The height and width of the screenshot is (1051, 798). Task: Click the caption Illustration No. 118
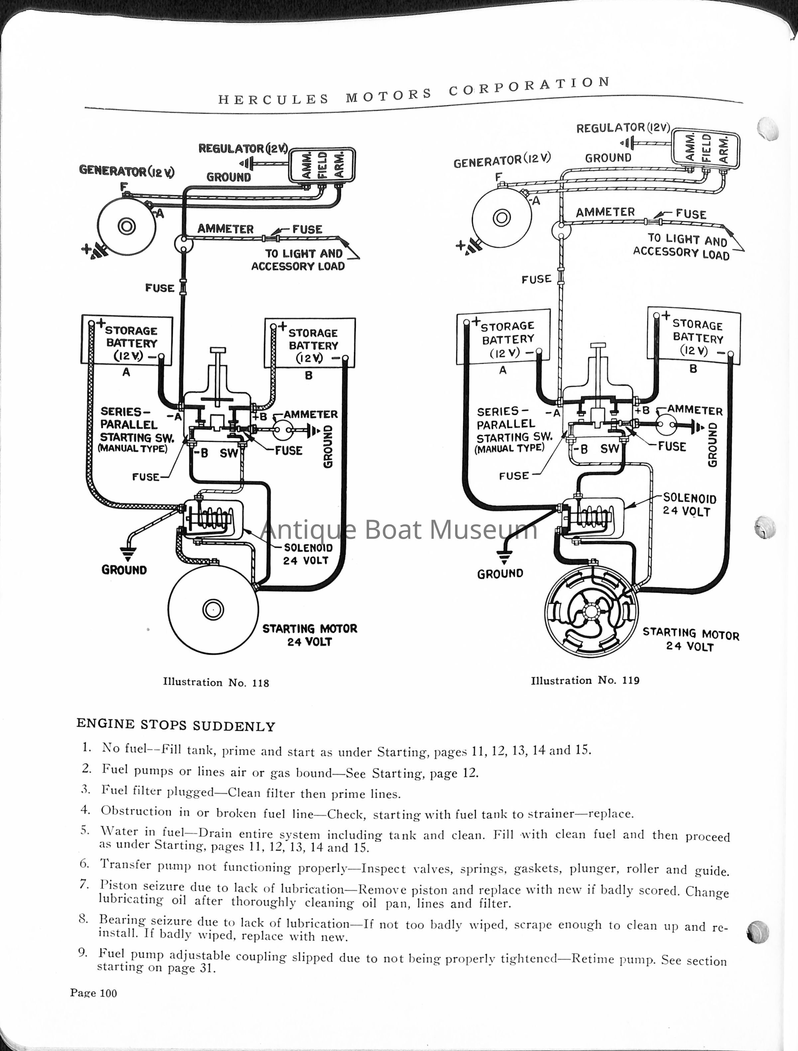(216, 683)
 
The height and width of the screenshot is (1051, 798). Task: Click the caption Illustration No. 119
(585, 680)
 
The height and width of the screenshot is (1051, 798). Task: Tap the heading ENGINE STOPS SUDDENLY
(176, 725)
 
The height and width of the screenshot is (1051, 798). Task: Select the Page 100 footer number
(93, 993)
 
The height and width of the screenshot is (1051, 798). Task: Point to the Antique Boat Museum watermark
(399, 530)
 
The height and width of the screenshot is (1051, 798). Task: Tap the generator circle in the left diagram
(126, 226)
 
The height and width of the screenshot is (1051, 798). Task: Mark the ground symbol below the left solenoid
(128, 552)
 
